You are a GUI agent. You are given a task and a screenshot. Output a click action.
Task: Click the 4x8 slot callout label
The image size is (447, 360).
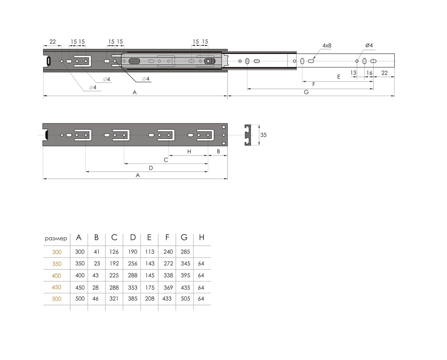(x=327, y=46)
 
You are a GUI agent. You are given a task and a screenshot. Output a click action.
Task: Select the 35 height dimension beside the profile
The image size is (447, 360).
(x=263, y=135)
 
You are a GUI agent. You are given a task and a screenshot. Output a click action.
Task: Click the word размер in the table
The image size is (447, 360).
(x=56, y=239)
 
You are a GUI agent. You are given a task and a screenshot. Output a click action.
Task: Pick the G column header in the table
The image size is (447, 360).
(x=184, y=237)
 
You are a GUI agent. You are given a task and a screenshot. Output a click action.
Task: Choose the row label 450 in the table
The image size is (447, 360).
(x=56, y=287)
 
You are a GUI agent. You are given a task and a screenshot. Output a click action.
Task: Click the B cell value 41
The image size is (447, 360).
(x=97, y=252)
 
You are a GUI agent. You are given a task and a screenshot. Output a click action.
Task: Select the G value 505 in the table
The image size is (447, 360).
(x=186, y=298)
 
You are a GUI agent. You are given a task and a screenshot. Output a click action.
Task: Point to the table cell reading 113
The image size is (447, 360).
(x=149, y=252)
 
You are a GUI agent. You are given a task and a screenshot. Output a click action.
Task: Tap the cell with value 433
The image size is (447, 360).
(x=167, y=298)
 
